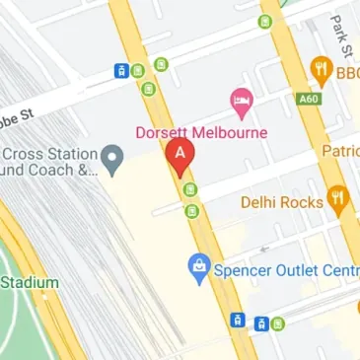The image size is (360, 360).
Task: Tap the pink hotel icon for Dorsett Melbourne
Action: [x=240, y=100]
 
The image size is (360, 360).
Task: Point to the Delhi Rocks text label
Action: [x=281, y=202]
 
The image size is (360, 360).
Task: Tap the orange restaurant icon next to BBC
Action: [x=321, y=68]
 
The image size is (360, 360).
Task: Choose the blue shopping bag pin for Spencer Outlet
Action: [x=200, y=266]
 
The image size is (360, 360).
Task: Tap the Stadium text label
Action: [x=30, y=282]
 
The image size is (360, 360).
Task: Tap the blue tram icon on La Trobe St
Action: [x=121, y=70]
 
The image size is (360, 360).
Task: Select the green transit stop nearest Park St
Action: [x=264, y=22]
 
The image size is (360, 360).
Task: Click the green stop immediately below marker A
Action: [x=189, y=190]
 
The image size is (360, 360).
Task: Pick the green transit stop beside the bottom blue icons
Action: [x=278, y=323]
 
